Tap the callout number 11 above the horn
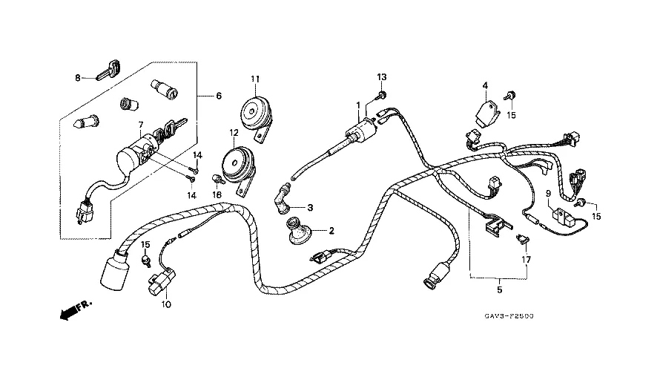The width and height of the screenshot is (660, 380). [255, 79]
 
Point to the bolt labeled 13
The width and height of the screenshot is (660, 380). [380, 94]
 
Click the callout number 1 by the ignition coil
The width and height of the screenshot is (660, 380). [357, 105]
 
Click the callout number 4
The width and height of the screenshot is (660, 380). [485, 85]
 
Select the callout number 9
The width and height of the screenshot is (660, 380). [548, 193]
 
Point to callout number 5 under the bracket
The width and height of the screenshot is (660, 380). [499, 289]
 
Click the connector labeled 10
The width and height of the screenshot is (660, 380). [161, 286]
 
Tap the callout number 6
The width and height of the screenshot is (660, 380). [218, 96]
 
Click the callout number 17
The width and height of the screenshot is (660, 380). [526, 260]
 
